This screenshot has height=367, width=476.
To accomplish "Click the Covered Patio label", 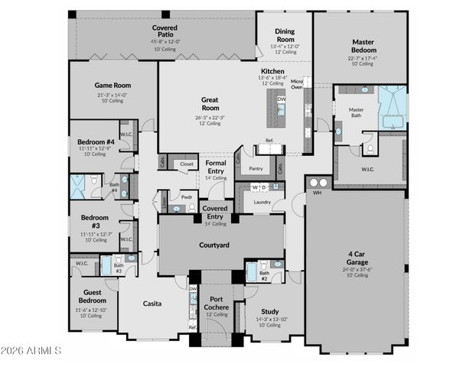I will tap(165, 31).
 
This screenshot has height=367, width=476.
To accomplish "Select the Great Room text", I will tap(210, 104).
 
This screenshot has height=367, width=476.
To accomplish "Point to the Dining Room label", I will tap(285, 35).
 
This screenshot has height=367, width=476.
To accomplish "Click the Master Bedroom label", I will tap(362, 46).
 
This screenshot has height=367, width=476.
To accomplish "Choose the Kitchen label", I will tap(273, 71).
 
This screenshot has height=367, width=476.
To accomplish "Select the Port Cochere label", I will tap(217, 304).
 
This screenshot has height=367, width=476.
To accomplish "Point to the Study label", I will tap(269, 311).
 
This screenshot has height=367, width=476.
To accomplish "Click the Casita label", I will tap(152, 304).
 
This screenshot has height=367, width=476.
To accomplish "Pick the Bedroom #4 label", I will tap(96, 141).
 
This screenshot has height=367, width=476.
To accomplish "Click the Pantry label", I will tap(256, 169).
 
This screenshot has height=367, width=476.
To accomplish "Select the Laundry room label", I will tap(263, 202).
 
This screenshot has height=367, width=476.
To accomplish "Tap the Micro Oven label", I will tap(297, 84).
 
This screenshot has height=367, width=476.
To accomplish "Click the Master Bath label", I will tap(356, 113).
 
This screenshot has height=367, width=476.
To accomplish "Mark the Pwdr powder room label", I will tap(186, 196).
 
